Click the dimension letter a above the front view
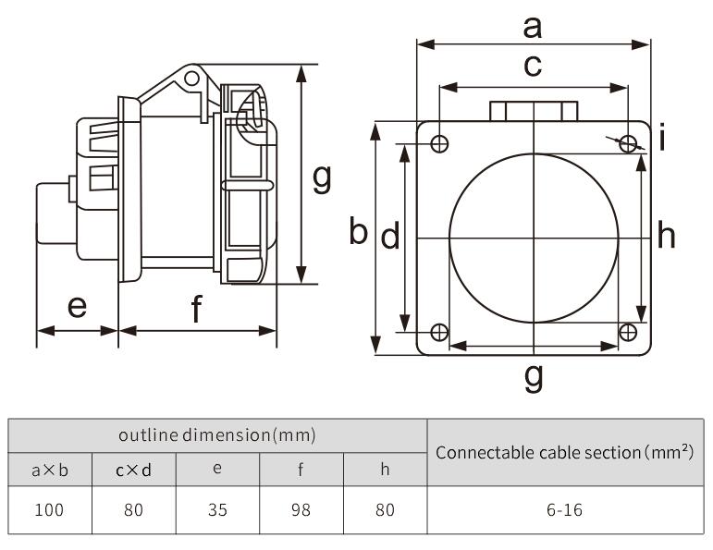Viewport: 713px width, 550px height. [x=532, y=28]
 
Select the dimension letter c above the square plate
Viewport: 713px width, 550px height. [x=532, y=67]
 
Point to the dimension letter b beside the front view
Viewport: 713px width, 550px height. [x=359, y=232]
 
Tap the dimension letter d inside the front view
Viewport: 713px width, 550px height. [x=390, y=238]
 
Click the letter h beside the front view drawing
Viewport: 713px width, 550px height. [x=666, y=237]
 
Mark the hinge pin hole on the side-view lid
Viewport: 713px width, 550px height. [x=191, y=79]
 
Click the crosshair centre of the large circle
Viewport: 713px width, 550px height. [x=534, y=238]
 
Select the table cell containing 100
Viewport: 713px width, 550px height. [x=50, y=509]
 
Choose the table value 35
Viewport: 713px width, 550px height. [x=216, y=509]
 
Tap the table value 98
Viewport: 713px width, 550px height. [x=301, y=509]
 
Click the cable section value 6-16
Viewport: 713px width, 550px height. [x=564, y=509]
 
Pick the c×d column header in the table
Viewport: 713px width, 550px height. [x=133, y=469]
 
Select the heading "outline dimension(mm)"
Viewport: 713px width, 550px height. [x=217, y=434]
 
